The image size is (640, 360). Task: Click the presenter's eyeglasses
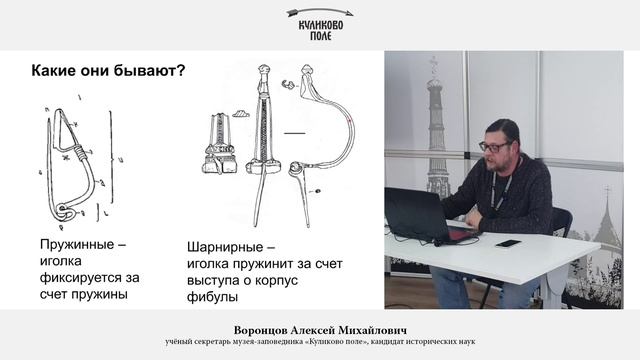click(x=493, y=147)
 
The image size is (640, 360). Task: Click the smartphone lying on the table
click(x=508, y=243)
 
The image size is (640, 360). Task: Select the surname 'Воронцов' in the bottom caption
click(x=266, y=327)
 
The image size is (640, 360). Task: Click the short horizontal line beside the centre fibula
click(x=295, y=132)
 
